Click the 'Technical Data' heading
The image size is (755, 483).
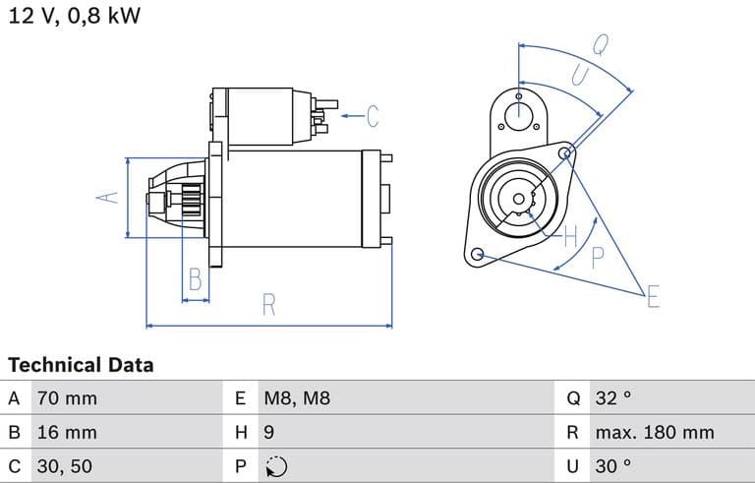coord(81,365)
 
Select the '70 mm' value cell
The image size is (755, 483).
coord(67,399)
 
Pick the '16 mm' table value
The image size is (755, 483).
coord(67,433)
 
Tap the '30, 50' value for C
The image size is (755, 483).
coord(65,466)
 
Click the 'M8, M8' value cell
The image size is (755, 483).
coord(297,399)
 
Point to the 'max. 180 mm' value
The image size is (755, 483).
coord(655,433)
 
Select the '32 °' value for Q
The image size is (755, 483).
coord(613,399)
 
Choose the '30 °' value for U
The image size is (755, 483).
coord(613,466)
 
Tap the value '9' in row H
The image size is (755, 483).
coord(269,433)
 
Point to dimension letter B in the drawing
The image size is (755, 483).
coord(196,280)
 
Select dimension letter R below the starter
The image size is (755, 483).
coord(268,306)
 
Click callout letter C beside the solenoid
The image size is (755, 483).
coord(372,116)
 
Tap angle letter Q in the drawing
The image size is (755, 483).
coord(600,43)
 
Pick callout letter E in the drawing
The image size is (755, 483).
coord(653,296)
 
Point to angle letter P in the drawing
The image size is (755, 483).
coord(598,258)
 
